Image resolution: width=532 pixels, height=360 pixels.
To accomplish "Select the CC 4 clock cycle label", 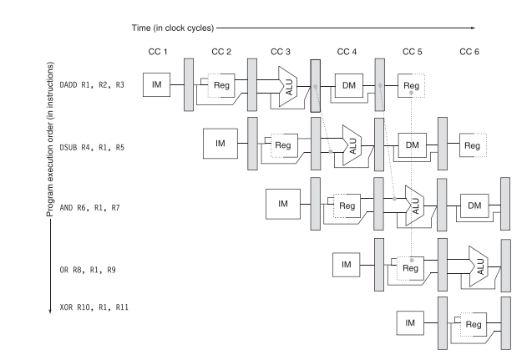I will click(x=347, y=52).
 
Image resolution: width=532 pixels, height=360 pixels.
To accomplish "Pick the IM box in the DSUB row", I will click(x=220, y=144).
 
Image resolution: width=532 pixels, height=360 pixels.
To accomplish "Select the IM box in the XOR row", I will click(x=409, y=322).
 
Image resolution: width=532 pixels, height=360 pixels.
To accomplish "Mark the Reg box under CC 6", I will click(x=473, y=145).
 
